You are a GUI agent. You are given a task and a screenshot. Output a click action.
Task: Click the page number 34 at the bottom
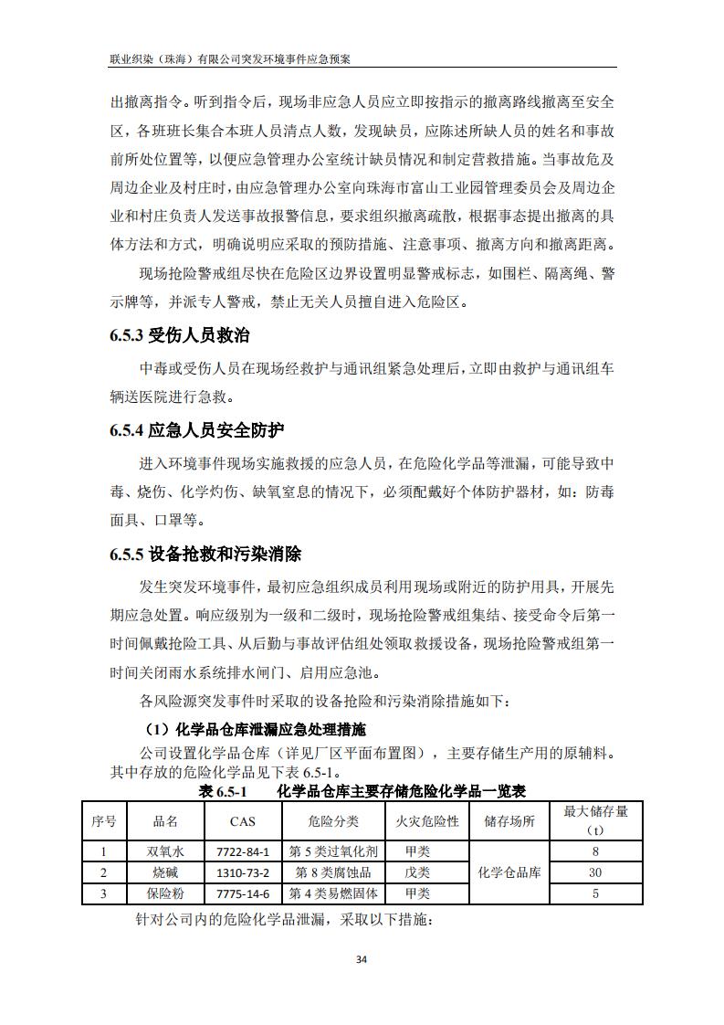(362, 959)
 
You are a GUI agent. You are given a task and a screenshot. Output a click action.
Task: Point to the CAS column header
(243, 821)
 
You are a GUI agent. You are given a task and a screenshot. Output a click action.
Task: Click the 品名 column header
(165, 821)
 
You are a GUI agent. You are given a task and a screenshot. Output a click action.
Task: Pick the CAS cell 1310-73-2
(243, 872)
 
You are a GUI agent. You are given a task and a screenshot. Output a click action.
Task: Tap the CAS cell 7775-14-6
(243, 893)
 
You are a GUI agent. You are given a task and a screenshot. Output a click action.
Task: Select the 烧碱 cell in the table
(165, 872)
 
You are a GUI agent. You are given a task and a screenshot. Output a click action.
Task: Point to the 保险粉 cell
(165, 893)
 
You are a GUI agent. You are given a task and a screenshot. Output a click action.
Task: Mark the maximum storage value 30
(595, 872)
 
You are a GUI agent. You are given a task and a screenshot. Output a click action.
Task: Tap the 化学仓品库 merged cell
(509, 872)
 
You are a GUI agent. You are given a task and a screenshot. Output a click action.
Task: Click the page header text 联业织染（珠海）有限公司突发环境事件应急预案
(230, 58)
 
